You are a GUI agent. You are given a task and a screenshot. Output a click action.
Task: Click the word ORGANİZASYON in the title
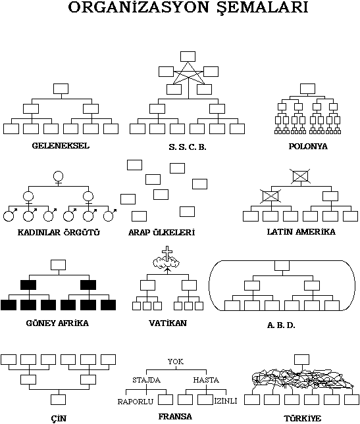(x=138, y=7)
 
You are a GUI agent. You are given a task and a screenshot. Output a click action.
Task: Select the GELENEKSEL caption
(x=61, y=146)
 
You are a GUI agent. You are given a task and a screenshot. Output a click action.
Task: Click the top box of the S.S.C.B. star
(x=188, y=57)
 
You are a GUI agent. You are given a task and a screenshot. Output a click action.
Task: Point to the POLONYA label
(x=308, y=147)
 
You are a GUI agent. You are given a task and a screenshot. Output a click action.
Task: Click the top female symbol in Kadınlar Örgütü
(x=58, y=178)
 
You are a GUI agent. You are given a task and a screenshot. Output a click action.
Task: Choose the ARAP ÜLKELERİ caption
(x=162, y=232)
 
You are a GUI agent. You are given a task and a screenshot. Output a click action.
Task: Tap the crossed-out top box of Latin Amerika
(x=301, y=177)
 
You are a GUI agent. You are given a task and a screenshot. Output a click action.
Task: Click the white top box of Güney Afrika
(x=58, y=265)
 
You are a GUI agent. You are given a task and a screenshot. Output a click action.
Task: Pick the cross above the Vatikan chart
(x=167, y=253)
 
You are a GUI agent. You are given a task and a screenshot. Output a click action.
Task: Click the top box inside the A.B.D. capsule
(x=282, y=266)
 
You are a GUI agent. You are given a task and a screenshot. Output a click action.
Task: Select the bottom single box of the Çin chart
(x=58, y=400)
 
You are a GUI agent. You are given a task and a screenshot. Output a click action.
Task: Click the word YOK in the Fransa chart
(x=176, y=362)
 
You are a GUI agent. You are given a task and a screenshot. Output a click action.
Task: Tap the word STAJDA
(x=147, y=380)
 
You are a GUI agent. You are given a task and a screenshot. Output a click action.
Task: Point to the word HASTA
(x=206, y=380)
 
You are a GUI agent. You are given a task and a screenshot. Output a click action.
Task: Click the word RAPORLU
(x=136, y=402)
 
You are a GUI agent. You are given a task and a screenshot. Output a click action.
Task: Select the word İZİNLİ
(x=226, y=401)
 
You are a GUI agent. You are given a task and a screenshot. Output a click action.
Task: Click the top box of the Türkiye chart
(x=301, y=360)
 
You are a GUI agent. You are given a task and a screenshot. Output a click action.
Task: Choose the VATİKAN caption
(x=168, y=323)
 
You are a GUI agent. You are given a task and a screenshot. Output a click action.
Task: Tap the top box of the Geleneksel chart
(x=61, y=89)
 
